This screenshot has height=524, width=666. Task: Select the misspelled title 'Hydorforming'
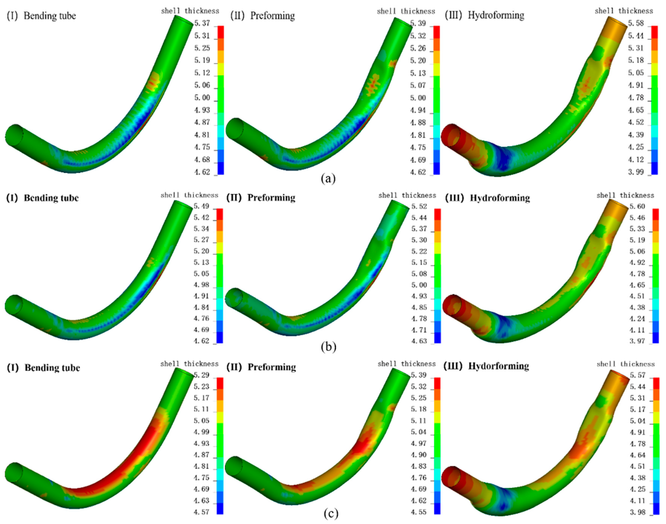[499, 366]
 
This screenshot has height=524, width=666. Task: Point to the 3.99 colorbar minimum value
[636, 172]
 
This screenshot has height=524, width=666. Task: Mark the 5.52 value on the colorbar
[419, 206]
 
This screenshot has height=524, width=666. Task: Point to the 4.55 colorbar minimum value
[418, 512]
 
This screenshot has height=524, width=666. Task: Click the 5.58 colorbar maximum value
[636, 23]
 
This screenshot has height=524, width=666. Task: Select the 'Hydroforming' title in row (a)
[496, 15]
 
